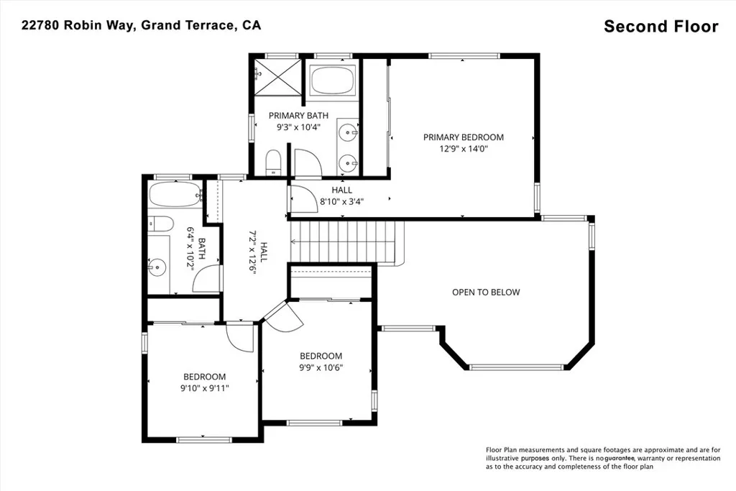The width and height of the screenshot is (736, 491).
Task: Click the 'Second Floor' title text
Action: click(x=661, y=27)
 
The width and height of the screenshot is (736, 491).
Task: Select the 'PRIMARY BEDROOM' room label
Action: click(x=463, y=137)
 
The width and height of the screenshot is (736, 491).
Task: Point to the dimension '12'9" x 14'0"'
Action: click(x=463, y=150)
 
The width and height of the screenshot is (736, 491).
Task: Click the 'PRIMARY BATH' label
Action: click(x=298, y=115)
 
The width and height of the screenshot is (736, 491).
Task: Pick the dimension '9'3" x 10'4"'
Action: click(x=298, y=127)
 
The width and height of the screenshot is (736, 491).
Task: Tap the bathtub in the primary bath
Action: click(x=332, y=81)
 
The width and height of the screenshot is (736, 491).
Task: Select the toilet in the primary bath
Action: click(x=273, y=162)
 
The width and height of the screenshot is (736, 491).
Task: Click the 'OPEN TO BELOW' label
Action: click(x=485, y=292)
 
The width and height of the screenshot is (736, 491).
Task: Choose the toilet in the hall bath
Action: click(x=159, y=224)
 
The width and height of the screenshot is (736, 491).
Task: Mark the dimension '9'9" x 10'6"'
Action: click(x=321, y=367)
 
